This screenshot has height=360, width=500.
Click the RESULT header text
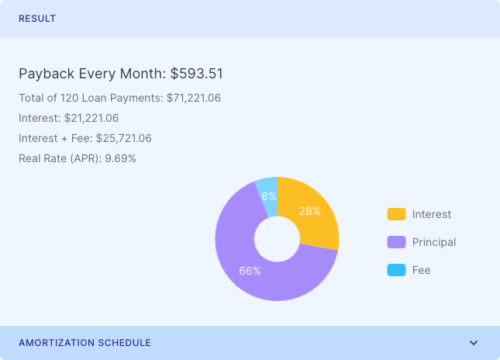click(37, 19)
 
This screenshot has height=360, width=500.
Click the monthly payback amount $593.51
click(197, 74)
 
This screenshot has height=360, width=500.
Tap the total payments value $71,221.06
click(194, 99)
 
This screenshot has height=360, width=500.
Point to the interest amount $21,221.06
click(90, 119)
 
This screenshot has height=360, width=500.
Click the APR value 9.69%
click(120, 159)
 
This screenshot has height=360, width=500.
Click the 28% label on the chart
click(309, 212)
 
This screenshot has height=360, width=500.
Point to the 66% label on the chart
click(250, 272)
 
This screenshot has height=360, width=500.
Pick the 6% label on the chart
click(269, 197)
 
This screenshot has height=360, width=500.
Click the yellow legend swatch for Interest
click(396, 214)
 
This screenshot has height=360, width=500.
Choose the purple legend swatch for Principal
click(396, 242)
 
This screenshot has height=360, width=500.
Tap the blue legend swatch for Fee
click(396, 270)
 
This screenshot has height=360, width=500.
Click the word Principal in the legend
click(434, 242)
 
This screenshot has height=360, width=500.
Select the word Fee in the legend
click(421, 270)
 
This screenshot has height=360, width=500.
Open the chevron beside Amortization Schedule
click(474, 343)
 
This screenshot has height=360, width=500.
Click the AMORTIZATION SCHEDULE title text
click(84, 343)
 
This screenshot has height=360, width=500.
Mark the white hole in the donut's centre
click(277, 239)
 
